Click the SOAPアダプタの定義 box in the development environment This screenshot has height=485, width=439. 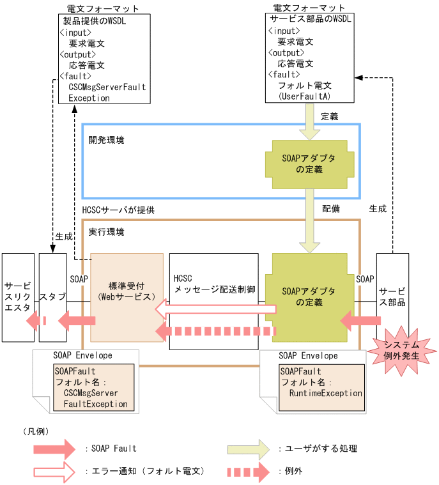309,164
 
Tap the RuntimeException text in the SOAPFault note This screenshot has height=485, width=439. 325,393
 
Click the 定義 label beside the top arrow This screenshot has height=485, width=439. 329,117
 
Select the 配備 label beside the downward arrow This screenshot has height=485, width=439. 331,209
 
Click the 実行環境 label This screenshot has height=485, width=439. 106,231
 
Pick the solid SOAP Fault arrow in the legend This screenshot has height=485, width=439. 54,449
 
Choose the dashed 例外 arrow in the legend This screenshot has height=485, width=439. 248,472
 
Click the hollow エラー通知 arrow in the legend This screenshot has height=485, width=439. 54,472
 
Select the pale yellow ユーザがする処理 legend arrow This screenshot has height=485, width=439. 248,449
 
